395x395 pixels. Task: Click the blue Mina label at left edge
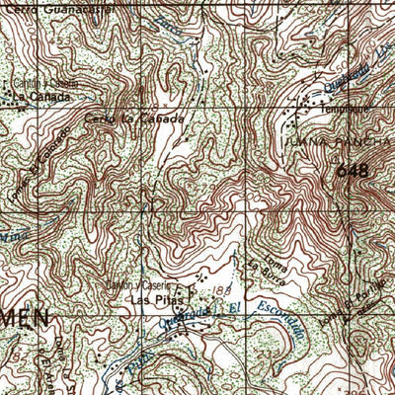pyautogui.click(x=10, y=237)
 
